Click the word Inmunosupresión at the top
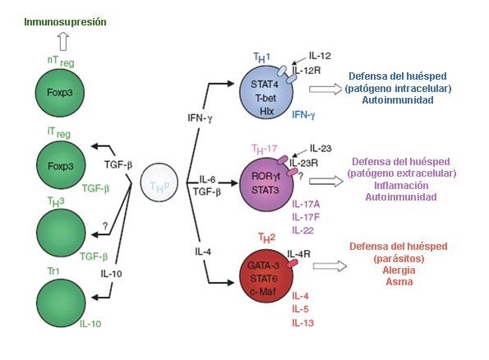point(65,22)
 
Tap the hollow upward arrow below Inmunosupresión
point(63,41)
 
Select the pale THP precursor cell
point(159,182)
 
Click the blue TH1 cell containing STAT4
point(266,93)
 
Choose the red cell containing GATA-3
point(266,276)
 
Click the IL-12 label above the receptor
point(320,56)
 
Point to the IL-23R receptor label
point(303,163)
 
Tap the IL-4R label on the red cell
point(299,254)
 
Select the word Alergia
point(399,270)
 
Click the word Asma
point(399,282)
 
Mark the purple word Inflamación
point(401,185)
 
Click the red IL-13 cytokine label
point(302,323)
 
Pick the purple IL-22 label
point(302,230)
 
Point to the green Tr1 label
point(53,271)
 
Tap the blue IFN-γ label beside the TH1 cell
point(303,115)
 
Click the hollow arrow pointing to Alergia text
point(330,266)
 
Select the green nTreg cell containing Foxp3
point(60,93)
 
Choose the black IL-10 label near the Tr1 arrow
point(111,274)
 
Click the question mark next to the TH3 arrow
point(105,226)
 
